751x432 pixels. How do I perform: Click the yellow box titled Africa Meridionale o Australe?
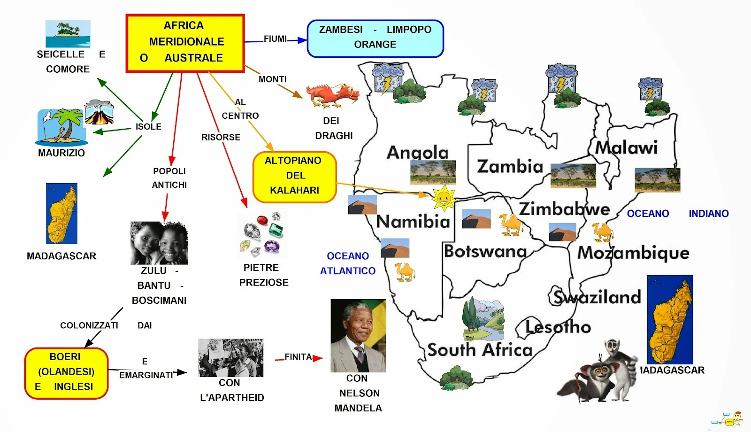[185, 43]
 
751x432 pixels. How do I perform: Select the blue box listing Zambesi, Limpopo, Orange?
[375, 38]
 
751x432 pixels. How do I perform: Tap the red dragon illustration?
[332, 95]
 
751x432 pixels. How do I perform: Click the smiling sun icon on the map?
[443, 197]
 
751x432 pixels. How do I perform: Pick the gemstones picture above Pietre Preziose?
[262, 235]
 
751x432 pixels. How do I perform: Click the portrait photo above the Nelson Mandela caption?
[358, 336]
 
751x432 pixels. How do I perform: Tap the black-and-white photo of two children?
[159, 243]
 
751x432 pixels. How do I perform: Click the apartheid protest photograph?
[230, 358]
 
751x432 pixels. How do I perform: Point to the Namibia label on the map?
[413, 221]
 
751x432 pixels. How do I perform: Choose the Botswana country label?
[485, 252]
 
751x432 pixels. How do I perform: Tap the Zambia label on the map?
[510, 167]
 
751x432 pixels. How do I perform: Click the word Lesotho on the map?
[558, 327]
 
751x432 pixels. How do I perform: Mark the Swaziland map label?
[597, 297]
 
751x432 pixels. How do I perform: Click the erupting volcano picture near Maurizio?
[99, 112]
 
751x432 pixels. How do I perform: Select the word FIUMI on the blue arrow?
[275, 39]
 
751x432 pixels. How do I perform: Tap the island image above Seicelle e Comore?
[68, 33]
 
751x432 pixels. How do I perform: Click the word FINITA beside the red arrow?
[298, 357]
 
